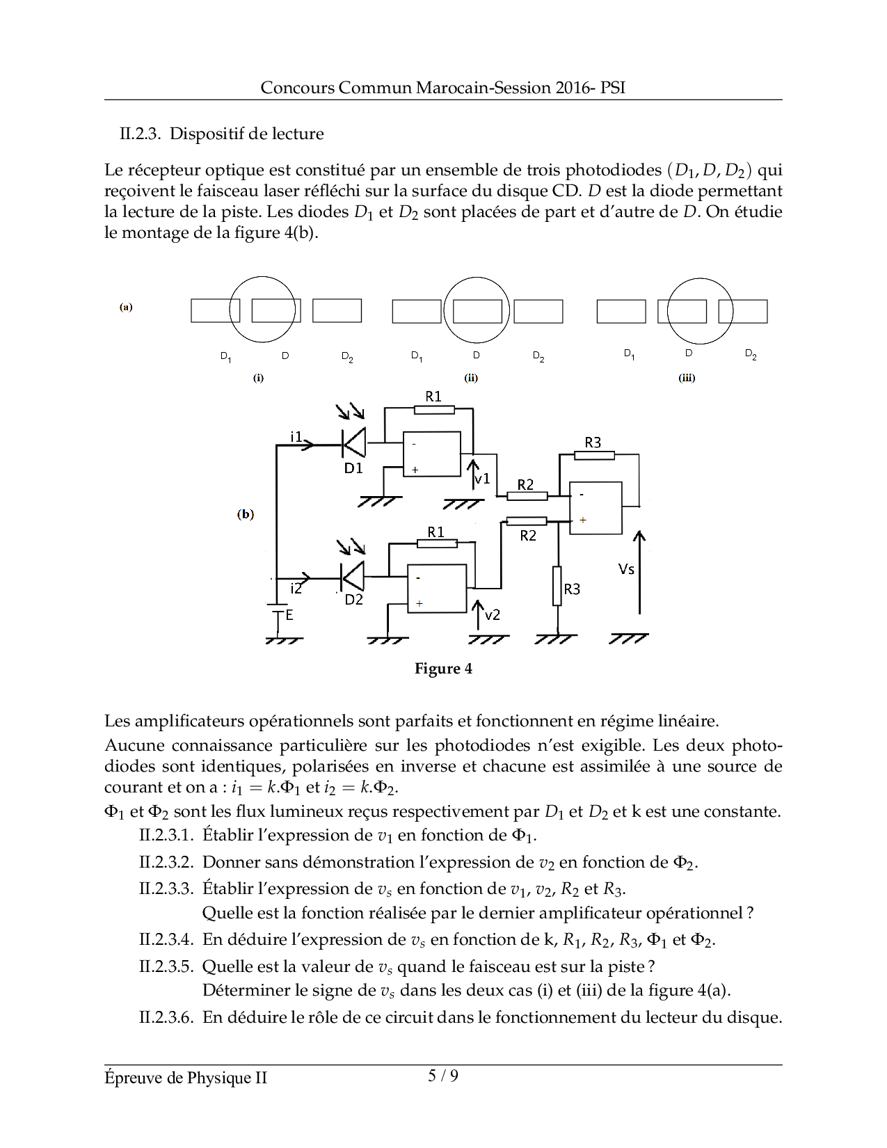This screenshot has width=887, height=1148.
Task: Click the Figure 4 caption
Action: (x=443, y=669)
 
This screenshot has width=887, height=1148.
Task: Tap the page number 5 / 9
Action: (x=443, y=1076)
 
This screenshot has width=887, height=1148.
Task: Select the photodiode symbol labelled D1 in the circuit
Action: (x=354, y=442)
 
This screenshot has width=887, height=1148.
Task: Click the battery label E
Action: (x=289, y=615)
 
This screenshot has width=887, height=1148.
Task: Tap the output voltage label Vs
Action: (x=626, y=569)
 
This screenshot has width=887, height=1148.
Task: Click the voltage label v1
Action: (x=482, y=479)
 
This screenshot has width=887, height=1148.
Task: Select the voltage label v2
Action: (x=492, y=615)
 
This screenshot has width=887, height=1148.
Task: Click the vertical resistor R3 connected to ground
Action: (x=557, y=586)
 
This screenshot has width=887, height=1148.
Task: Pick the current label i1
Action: (x=296, y=436)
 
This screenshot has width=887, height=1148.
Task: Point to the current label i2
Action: (x=296, y=589)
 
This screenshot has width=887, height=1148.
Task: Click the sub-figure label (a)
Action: (x=126, y=307)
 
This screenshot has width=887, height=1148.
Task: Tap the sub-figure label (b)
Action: (x=246, y=514)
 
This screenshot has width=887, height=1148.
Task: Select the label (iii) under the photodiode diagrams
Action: (x=687, y=378)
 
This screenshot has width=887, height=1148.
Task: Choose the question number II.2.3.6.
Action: (x=166, y=1017)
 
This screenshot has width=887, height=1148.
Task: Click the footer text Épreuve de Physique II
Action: (x=186, y=1078)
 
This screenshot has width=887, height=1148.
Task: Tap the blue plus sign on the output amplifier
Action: (x=583, y=520)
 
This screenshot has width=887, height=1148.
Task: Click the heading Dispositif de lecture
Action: (x=246, y=134)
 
